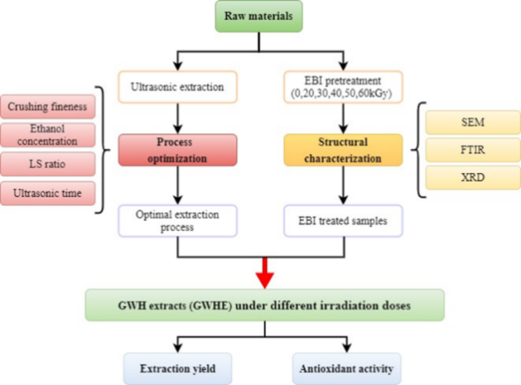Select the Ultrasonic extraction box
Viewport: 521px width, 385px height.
pos(178,85)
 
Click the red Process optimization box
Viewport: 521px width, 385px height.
pos(178,149)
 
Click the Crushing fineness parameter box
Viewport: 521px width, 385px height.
pos(48,106)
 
